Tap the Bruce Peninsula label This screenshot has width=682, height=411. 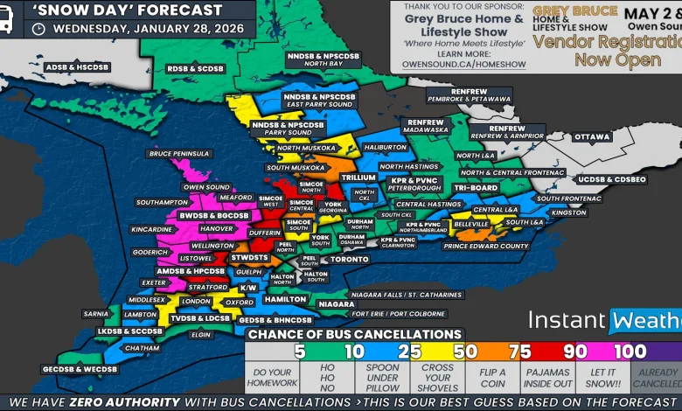click(x=179, y=154)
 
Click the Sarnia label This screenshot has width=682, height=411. click(x=95, y=313)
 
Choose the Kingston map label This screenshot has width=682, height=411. click(x=569, y=212)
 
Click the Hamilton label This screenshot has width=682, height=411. click(x=285, y=299)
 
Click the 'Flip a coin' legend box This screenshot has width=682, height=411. click(x=491, y=379)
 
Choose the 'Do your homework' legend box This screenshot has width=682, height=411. click(x=272, y=379)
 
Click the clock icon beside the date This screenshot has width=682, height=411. click(x=38, y=28)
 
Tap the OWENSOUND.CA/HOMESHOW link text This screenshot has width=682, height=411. click(x=463, y=64)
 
